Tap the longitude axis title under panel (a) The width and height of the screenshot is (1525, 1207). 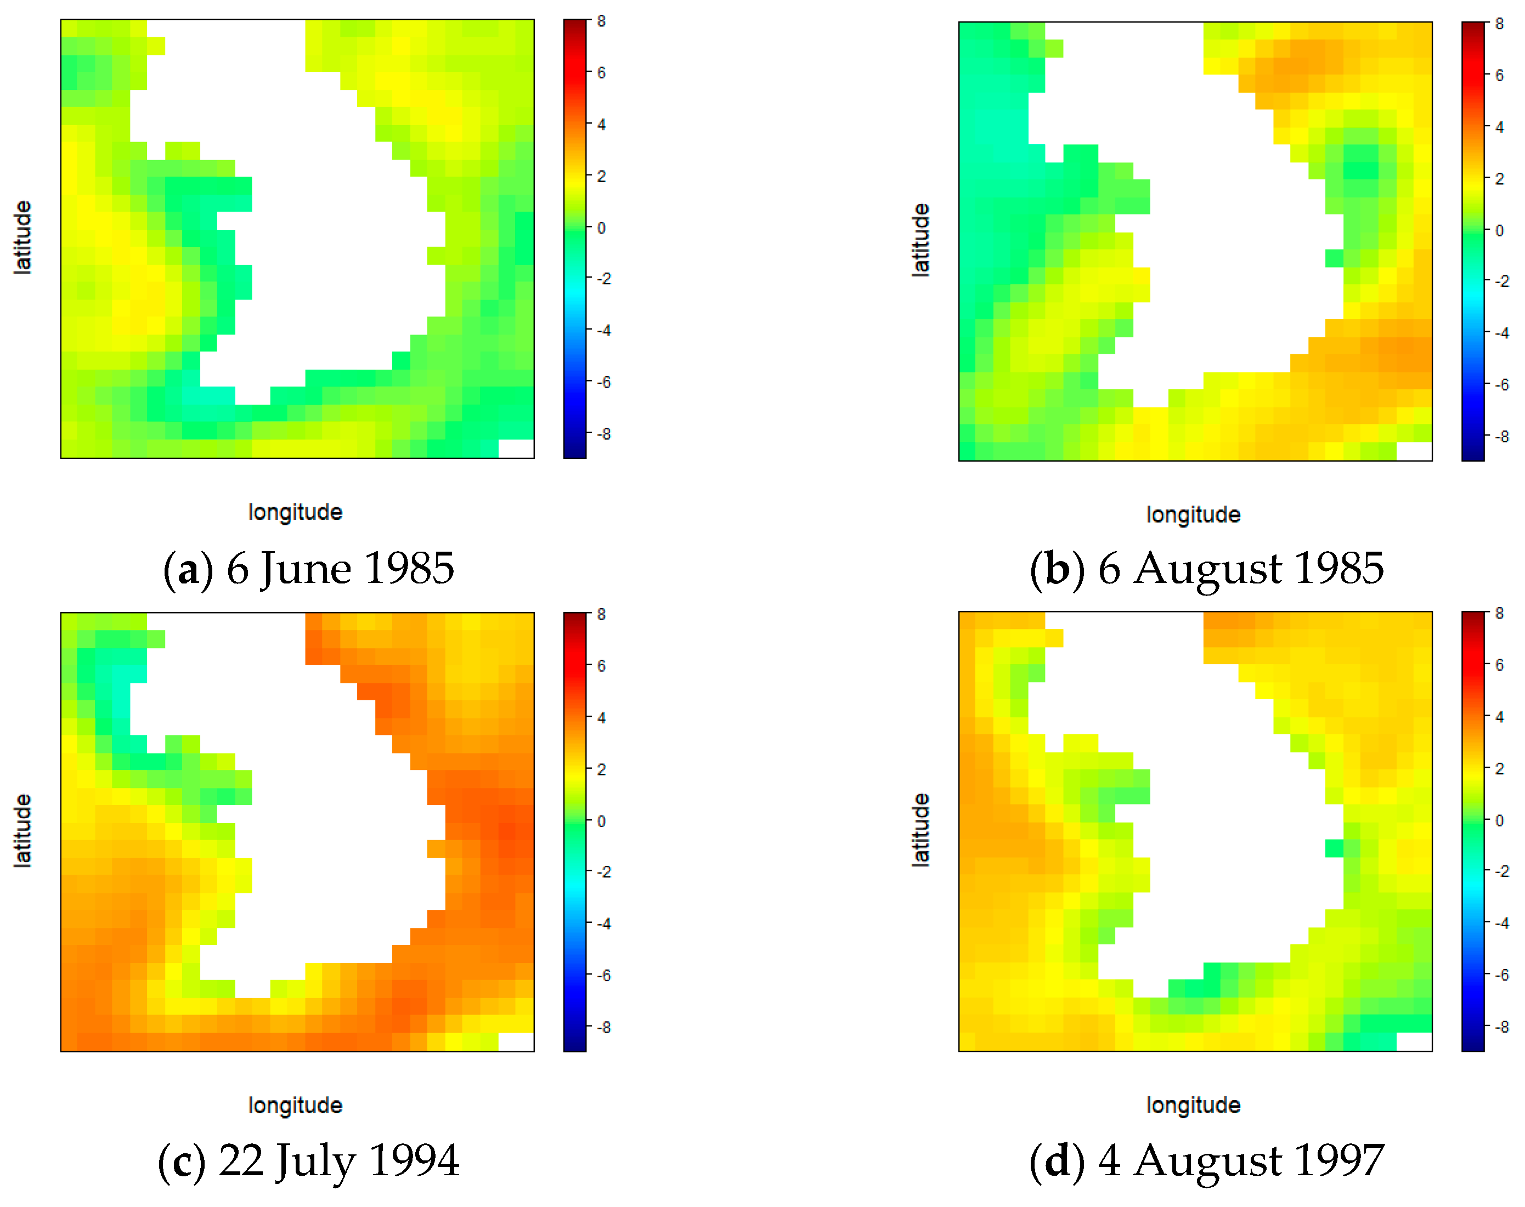[x=295, y=512]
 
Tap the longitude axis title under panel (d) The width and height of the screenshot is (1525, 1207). [x=1193, y=1105]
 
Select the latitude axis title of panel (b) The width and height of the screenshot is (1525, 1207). [x=920, y=240]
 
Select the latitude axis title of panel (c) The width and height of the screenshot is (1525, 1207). [x=22, y=830]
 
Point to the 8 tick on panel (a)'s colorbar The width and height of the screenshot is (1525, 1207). [x=601, y=21]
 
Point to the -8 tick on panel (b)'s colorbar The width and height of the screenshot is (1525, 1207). [x=1500, y=437]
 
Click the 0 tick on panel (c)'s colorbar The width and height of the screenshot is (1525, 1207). [x=601, y=821]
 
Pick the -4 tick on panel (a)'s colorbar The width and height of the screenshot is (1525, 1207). [x=603, y=330]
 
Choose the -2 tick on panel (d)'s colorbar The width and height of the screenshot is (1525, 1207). [x=1501, y=871]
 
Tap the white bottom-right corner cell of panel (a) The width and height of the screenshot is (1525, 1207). [x=516, y=449]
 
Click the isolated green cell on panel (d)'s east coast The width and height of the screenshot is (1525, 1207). [x=1334, y=848]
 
